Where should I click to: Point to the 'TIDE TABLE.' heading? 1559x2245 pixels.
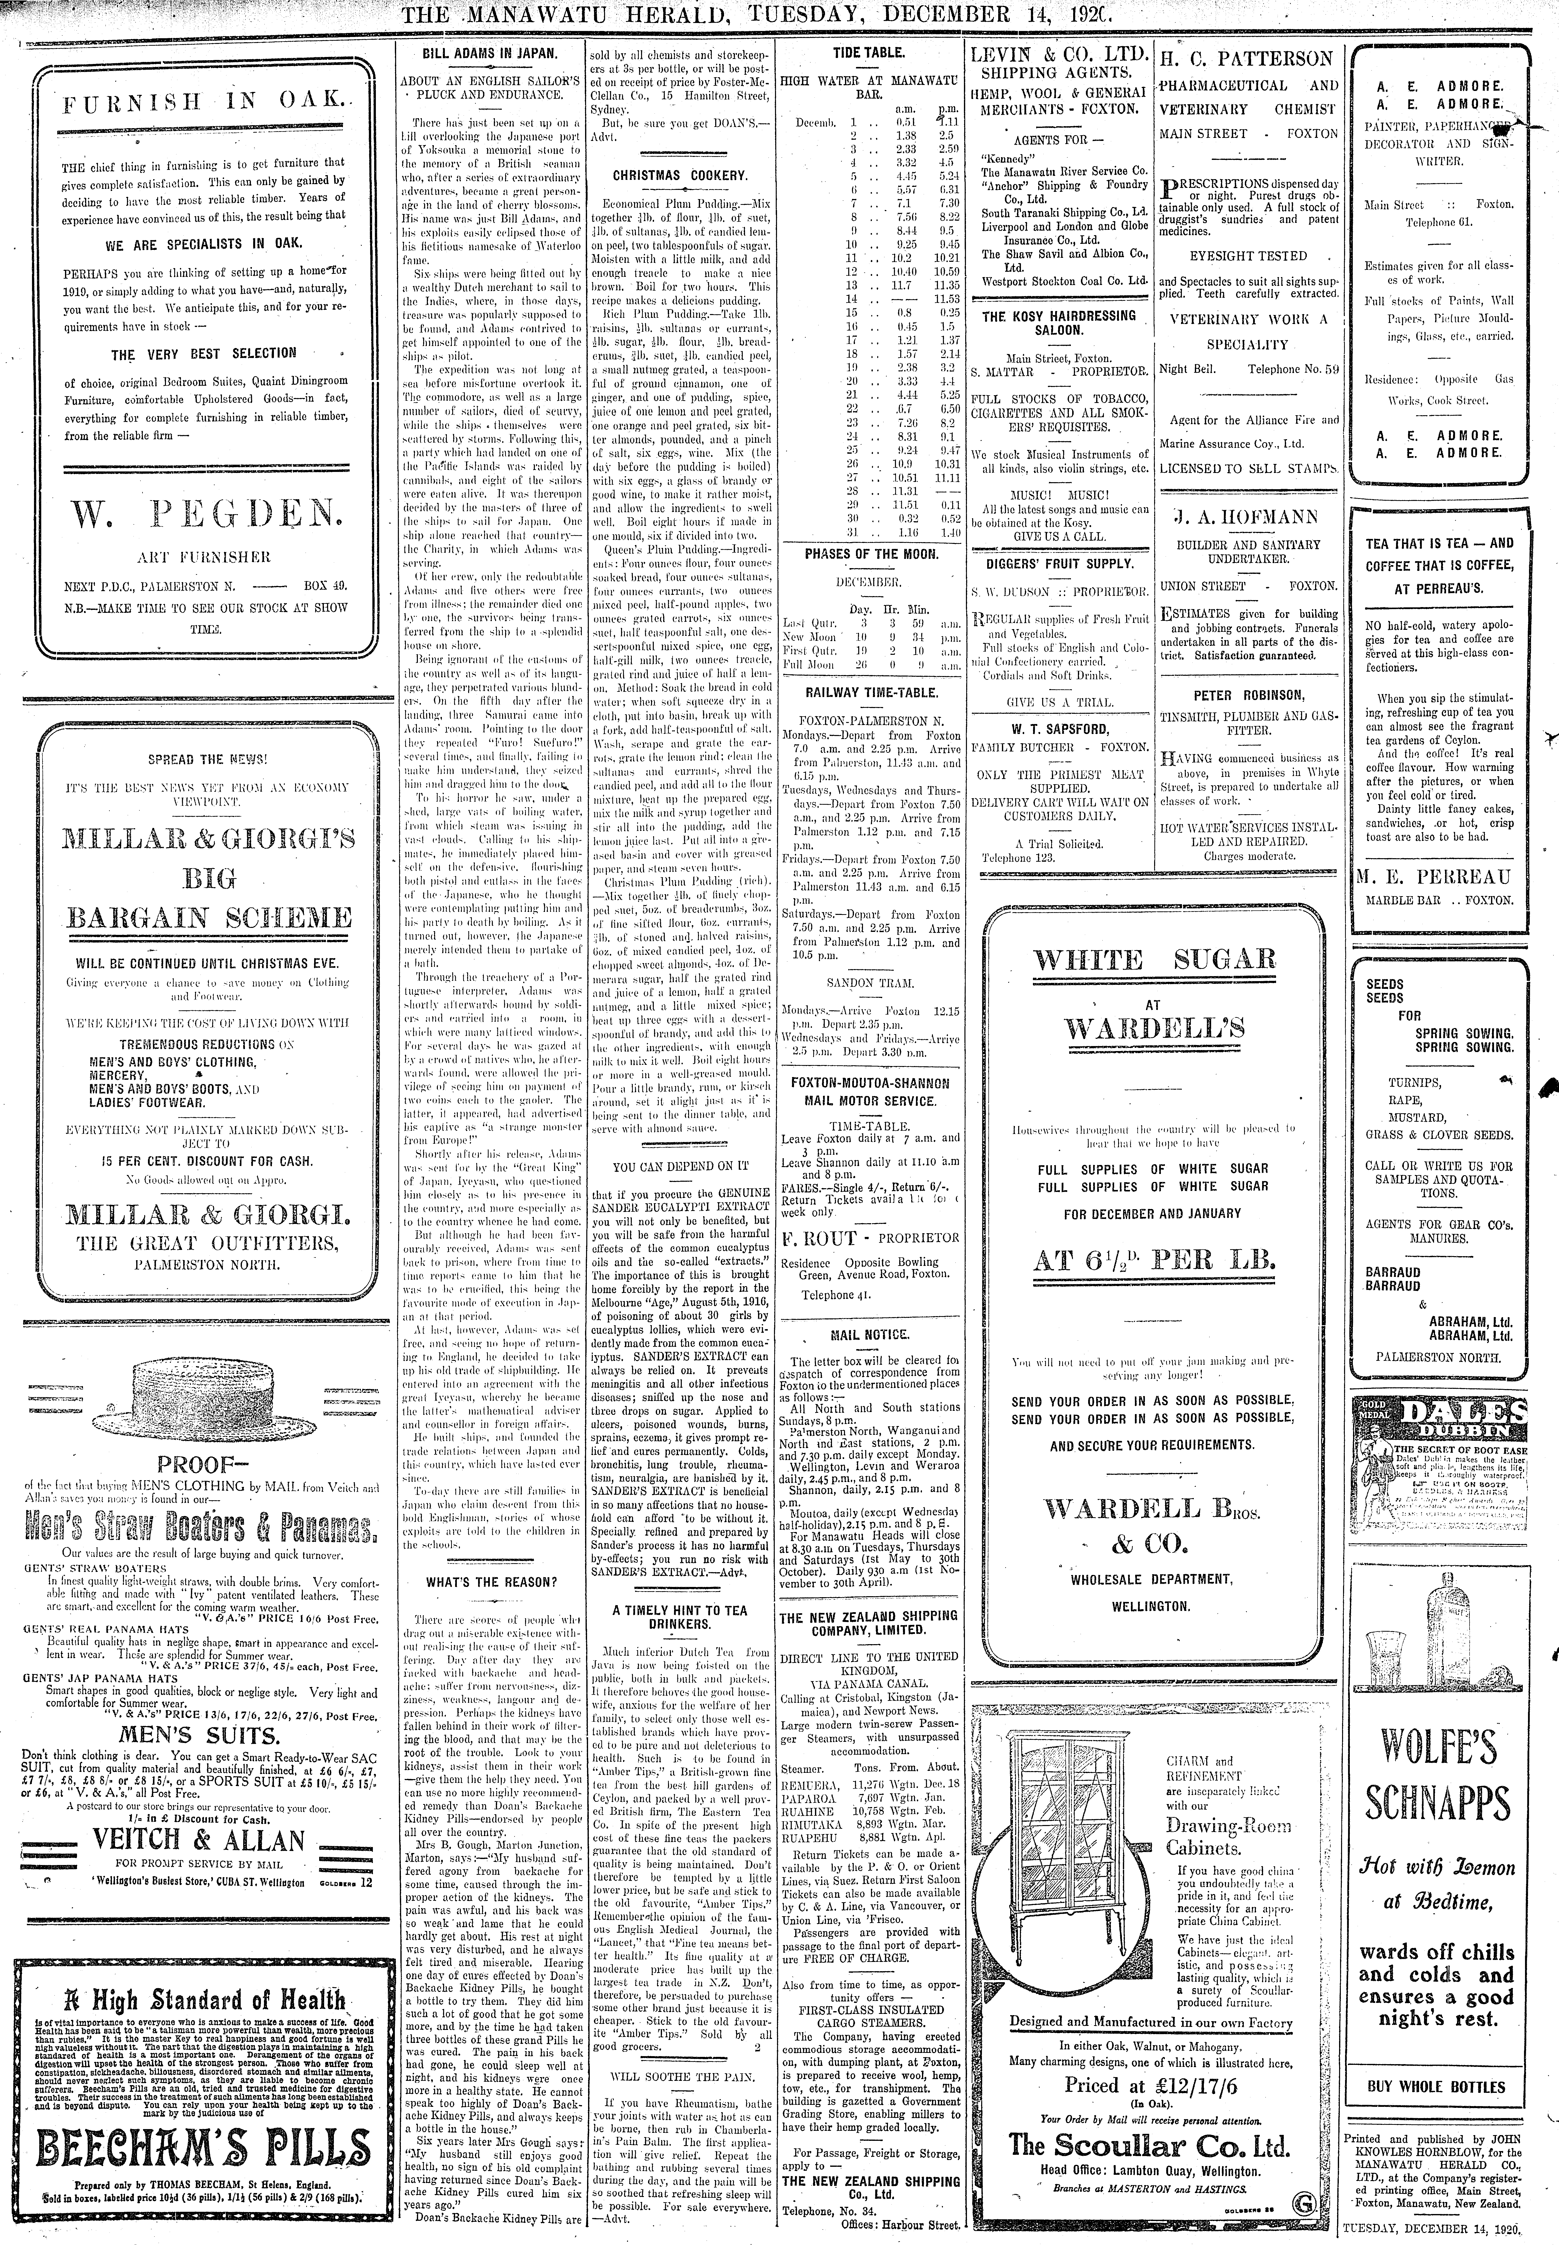pyautogui.click(x=868, y=53)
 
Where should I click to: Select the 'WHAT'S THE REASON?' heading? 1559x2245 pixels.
pyautogui.click(x=490, y=1581)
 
